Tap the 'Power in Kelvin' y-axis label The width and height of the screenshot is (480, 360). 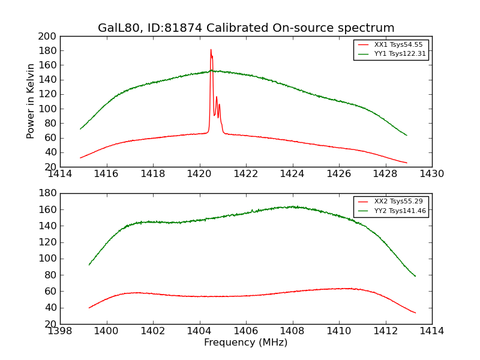pyautogui.click(x=31, y=101)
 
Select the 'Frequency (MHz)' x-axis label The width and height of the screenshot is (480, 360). pyautogui.click(x=245, y=343)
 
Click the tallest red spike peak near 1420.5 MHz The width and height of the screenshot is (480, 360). pyautogui.click(x=211, y=50)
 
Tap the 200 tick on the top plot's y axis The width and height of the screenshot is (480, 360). pyautogui.click(x=49, y=37)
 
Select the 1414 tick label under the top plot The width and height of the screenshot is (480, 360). pyautogui.click(x=60, y=174)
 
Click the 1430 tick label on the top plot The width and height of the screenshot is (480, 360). pyautogui.click(x=431, y=174)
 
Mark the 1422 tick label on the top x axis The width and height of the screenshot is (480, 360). pyautogui.click(x=246, y=174)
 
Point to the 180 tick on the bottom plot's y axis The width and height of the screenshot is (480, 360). pyautogui.click(x=49, y=194)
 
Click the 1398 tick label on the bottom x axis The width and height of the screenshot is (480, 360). pyautogui.click(x=60, y=331)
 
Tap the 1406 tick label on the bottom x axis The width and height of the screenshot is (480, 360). pyautogui.click(x=246, y=331)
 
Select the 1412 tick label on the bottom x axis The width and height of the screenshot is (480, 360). pyautogui.click(x=385, y=331)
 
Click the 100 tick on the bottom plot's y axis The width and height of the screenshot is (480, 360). pyautogui.click(x=49, y=259)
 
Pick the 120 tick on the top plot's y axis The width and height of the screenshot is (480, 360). pyautogui.click(x=49, y=94)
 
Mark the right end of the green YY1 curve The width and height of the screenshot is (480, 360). pyautogui.click(x=407, y=135)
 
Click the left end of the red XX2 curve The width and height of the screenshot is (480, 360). pyautogui.click(x=89, y=308)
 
